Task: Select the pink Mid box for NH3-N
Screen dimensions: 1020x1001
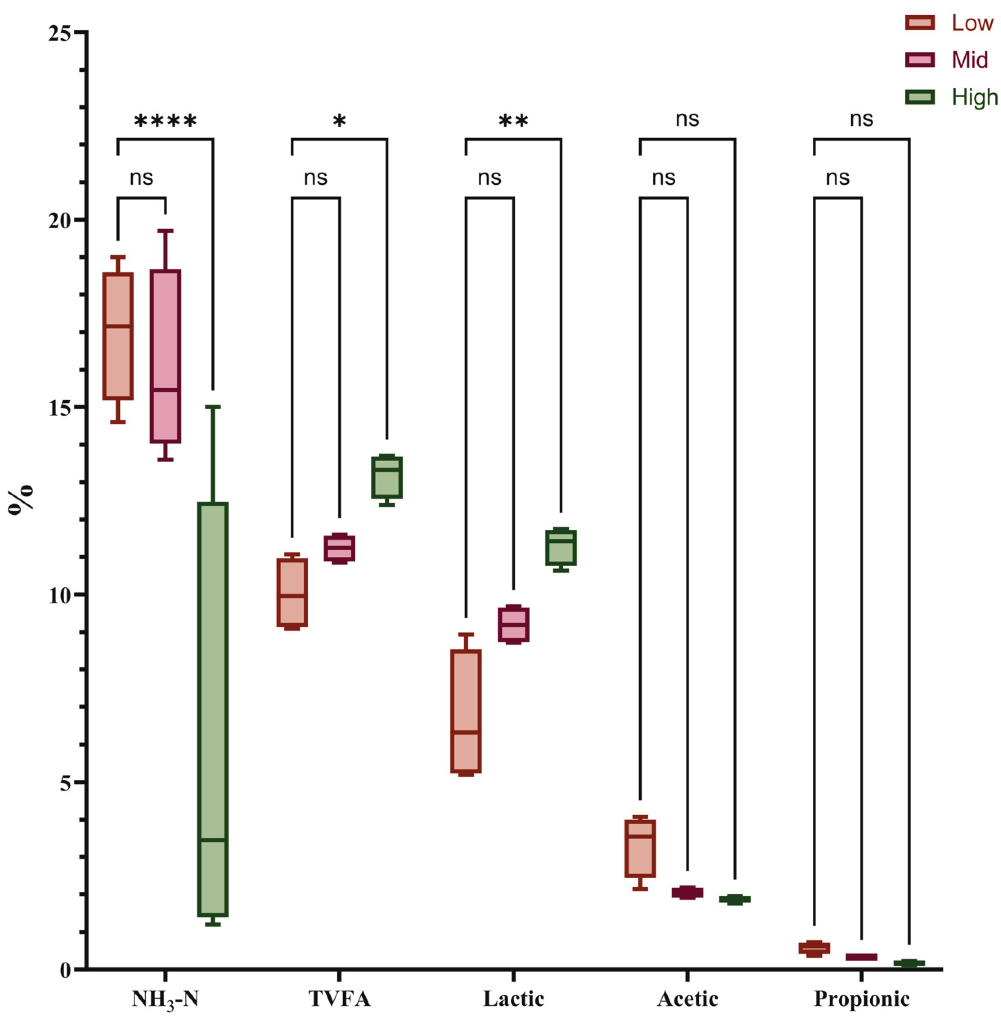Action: click(x=165, y=356)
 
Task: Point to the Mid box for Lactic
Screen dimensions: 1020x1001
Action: click(x=513, y=624)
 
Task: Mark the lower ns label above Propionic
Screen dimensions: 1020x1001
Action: click(x=838, y=178)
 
